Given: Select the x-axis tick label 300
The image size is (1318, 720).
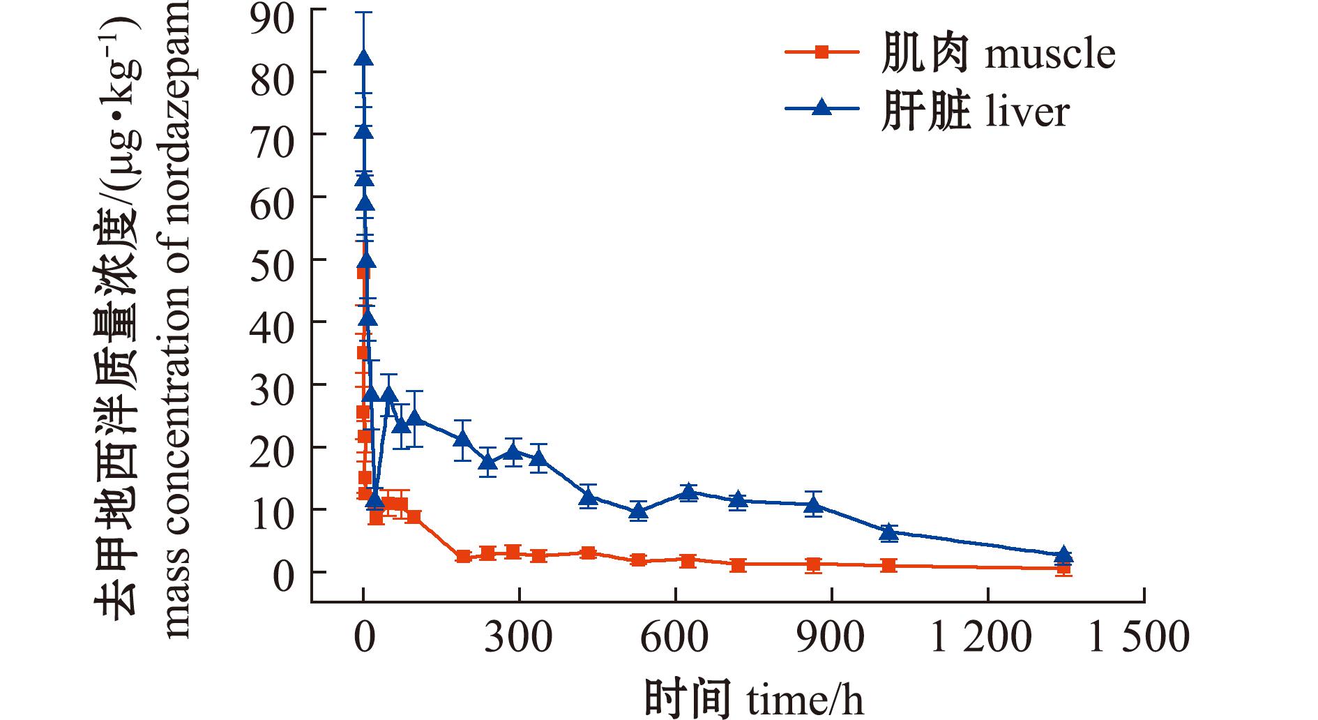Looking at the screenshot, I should click(x=518, y=638).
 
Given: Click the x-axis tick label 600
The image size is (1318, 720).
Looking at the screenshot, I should click(x=674, y=638).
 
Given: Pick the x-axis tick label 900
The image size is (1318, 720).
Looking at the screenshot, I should click(x=831, y=638).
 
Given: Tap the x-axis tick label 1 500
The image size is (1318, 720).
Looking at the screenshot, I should click(x=1138, y=638).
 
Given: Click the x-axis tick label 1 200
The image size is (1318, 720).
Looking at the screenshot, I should click(x=981, y=638).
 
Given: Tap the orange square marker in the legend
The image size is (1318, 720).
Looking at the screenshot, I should click(x=821, y=51).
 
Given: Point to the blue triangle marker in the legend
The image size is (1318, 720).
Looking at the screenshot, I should click(x=821, y=107).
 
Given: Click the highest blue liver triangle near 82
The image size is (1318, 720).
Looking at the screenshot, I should click(x=363, y=59).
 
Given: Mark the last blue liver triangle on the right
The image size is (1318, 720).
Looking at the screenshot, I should click(x=1063, y=555).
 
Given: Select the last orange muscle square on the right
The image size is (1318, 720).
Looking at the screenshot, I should click(x=1063, y=569).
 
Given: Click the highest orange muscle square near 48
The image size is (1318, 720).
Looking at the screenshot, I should click(x=363, y=273).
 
